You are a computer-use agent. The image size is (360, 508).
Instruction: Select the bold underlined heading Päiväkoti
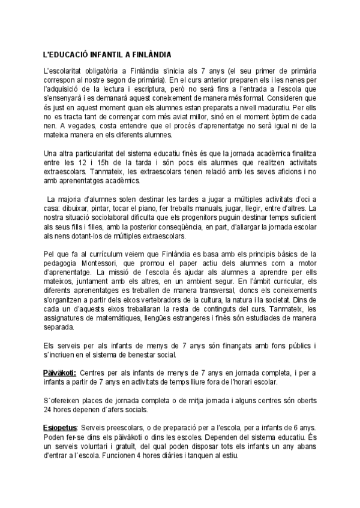coord(60,372)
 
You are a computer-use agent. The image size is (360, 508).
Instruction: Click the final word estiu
coord(233,456)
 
